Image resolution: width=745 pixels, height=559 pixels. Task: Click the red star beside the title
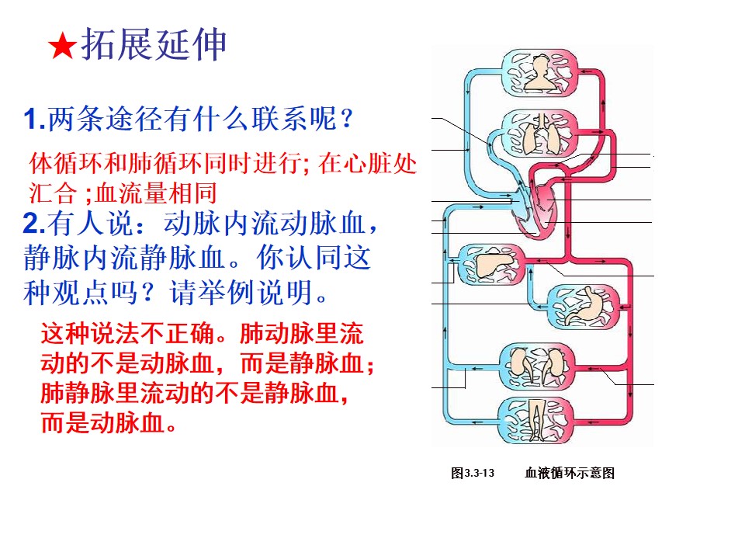point(62,47)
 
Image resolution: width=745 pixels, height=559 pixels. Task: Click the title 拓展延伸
point(154,44)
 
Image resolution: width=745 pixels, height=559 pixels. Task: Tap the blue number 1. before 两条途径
point(35,119)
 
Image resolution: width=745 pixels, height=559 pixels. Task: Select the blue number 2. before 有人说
point(34,223)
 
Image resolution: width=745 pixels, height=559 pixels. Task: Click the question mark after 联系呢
point(347,118)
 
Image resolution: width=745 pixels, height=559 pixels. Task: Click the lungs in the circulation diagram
point(541,134)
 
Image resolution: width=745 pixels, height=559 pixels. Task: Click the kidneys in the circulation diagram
point(537,366)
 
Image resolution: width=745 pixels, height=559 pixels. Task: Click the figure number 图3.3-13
point(473,473)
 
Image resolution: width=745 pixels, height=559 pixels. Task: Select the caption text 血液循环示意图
point(570,473)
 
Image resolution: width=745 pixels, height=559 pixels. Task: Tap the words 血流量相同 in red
point(156,193)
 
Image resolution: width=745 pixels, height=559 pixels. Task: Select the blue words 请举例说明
point(242,293)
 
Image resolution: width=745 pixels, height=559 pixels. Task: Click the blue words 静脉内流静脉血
point(124,258)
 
